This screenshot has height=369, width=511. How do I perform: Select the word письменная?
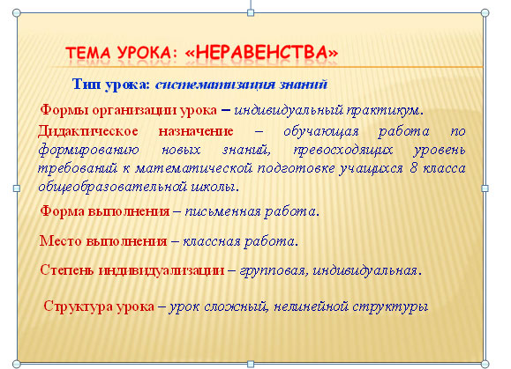[x=224, y=211]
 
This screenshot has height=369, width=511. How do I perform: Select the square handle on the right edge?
[x=484, y=188]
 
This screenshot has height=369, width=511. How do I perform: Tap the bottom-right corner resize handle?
[x=484, y=362]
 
